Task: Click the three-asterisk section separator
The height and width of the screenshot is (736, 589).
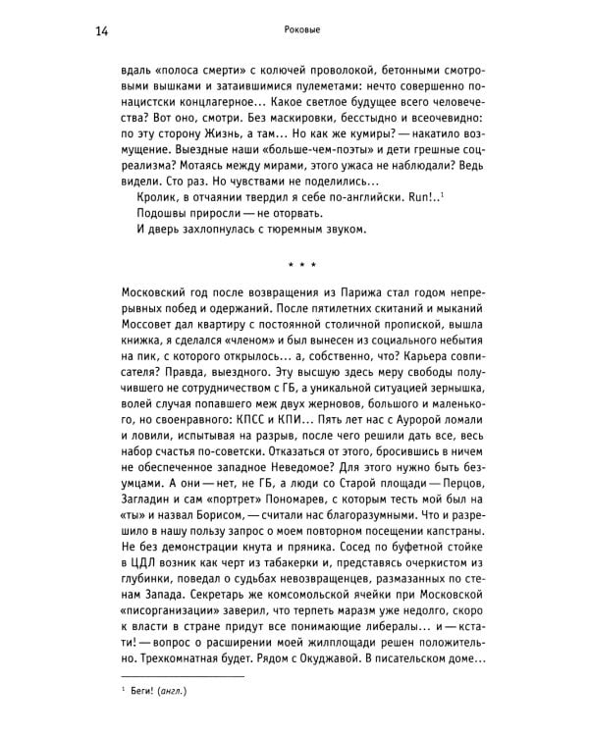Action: click(x=294, y=263)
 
